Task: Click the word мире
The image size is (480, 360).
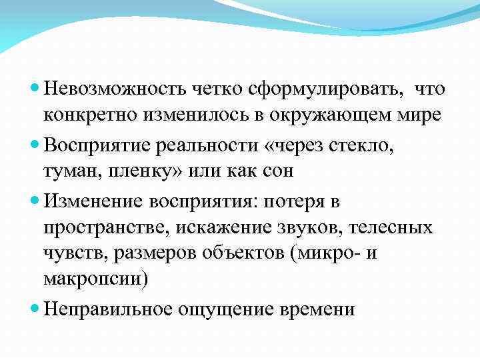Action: [417, 115]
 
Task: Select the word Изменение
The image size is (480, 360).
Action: [93, 199]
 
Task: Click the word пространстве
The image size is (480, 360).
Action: [107, 228]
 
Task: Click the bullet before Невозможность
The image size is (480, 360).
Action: [36, 89]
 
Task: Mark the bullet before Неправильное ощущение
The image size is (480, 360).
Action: [36, 309]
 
